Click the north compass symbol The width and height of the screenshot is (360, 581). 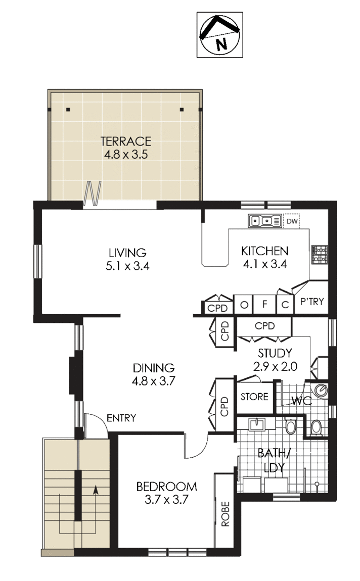[219, 34]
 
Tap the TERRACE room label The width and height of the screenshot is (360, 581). [126, 141]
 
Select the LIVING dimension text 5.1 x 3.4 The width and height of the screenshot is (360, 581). [127, 266]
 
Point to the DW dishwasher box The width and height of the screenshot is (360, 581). [292, 222]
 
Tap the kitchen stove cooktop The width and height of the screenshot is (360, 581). [320, 255]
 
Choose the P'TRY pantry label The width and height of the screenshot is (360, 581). [312, 302]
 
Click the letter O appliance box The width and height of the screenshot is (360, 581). [244, 305]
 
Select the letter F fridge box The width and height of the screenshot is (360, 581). [264, 305]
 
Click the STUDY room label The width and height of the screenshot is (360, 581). [275, 353]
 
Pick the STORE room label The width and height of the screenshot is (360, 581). [254, 397]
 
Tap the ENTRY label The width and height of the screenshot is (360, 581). [121, 418]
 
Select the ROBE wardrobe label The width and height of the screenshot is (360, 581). [226, 514]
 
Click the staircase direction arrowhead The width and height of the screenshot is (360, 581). [96, 490]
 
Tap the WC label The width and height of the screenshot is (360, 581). [301, 401]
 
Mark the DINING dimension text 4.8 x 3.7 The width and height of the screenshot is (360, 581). [154, 381]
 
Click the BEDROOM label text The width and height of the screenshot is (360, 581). [166, 486]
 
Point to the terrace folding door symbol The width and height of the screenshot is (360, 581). [92, 192]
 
